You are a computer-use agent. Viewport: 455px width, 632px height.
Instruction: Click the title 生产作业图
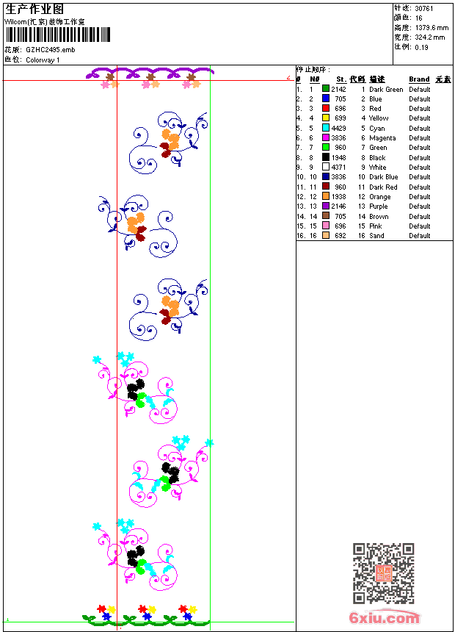tap(34, 9)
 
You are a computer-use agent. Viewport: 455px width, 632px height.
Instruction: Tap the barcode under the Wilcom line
tap(58, 35)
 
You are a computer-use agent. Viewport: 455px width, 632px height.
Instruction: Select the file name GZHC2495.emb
tap(50, 49)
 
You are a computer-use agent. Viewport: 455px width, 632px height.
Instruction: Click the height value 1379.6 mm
tap(431, 27)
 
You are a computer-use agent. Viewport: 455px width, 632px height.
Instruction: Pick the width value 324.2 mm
tap(429, 37)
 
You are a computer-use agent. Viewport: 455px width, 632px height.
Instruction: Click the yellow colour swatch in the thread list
tap(326, 118)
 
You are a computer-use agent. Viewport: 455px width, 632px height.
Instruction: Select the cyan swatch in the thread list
tap(326, 128)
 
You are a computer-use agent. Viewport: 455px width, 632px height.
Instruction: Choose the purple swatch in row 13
tap(326, 207)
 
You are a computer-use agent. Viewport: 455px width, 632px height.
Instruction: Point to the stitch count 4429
tap(339, 128)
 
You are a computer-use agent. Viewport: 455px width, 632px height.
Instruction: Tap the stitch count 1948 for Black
tap(339, 157)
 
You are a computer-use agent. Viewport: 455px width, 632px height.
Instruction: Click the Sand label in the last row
tap(376, 236)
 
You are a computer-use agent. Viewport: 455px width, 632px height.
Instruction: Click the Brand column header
tap(419, 79)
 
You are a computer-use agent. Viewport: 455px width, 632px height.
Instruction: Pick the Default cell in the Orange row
tap(420, 197)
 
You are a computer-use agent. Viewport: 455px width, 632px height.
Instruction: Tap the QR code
tap(383, 573)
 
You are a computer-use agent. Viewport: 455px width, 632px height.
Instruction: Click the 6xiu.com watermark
tap(384, 618)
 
